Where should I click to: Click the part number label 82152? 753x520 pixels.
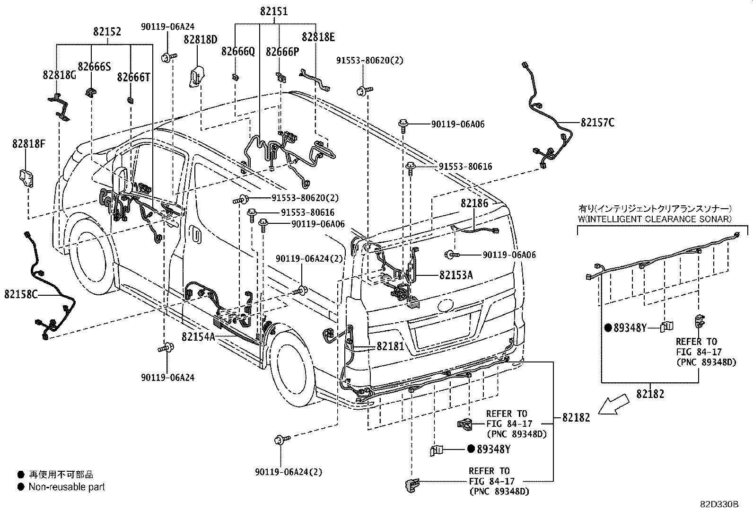107,32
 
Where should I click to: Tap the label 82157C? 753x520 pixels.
597,123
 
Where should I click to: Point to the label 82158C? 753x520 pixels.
21,294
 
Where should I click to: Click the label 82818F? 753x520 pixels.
29,144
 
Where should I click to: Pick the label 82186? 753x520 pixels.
474,203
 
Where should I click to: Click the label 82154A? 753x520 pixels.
198,336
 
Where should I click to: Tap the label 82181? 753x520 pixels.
390,346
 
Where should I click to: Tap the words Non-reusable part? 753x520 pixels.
67,487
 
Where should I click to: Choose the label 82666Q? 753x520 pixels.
238,52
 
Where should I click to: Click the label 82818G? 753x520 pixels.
59,75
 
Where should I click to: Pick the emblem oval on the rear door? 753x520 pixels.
445,305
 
